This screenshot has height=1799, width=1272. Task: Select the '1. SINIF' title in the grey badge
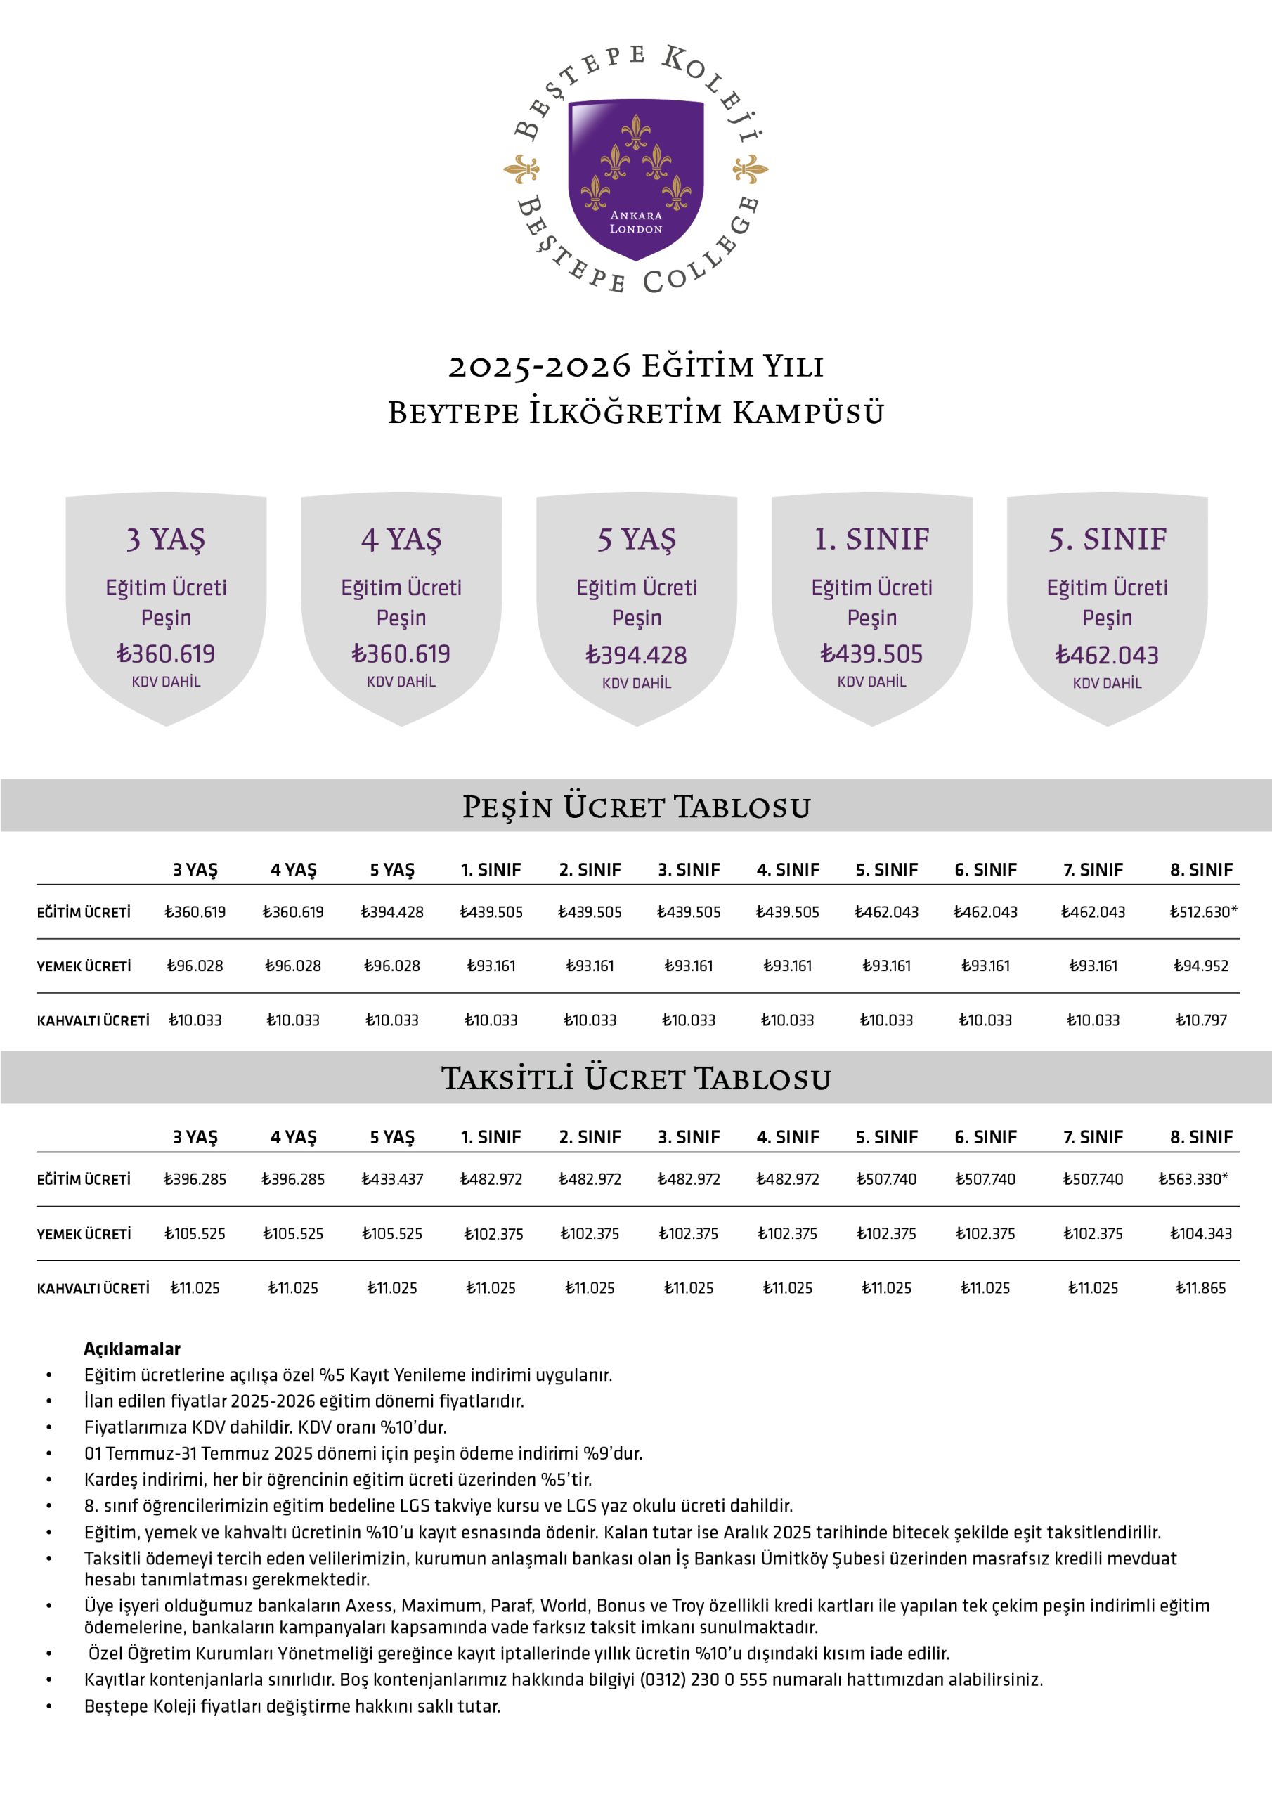871,539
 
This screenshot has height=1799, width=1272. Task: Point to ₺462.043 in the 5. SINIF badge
1107,655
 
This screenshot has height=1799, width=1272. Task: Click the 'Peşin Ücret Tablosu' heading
635,806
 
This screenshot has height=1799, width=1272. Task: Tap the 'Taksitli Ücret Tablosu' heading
635,1078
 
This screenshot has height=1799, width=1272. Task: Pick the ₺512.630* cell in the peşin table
1203,912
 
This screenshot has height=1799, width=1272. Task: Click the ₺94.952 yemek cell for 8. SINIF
1201,966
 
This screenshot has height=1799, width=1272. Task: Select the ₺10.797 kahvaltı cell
1201,1020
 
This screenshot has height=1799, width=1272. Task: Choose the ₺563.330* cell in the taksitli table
1193,1179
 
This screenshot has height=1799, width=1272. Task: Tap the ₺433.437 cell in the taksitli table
392,1179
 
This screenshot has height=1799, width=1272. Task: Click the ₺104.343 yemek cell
1201,1234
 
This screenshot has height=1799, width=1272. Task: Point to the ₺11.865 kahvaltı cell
1201,1288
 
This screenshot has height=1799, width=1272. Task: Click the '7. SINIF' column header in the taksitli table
1093,1137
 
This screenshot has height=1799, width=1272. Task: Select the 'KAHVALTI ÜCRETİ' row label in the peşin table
93,1021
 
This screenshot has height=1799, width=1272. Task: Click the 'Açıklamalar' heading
131,1349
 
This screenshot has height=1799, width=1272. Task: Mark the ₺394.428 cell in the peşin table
392,912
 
